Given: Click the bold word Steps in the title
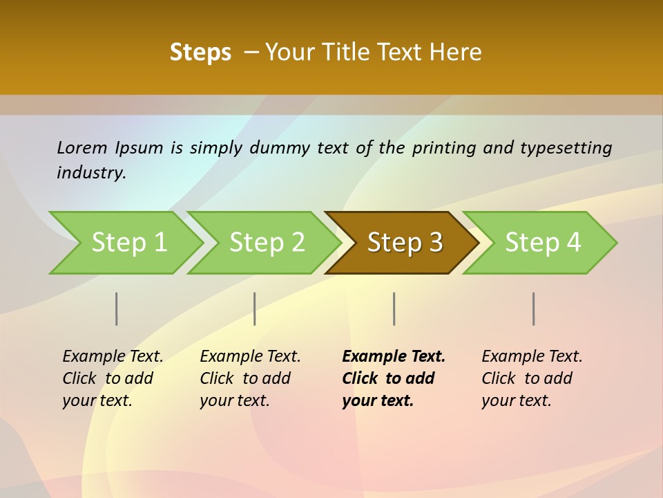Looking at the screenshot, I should pyautogui.click(x=200, y=53).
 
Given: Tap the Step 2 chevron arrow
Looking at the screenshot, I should pyautogui.click(x=267, y=243).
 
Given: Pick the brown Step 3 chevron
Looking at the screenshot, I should pyautogui.click(x=405, y=243).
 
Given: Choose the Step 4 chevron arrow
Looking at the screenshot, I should pyautogui.click(x=543, y=243).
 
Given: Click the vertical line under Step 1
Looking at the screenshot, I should pyautogui.click(x=117, y=308).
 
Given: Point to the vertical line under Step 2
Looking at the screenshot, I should pyautogui.click(x=255, y=308).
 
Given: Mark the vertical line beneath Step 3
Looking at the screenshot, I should pyautogui.click(x=394, y=308).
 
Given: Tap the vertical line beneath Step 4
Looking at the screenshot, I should pyautogui.click(x=533, y=308).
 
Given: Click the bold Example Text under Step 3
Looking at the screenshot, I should pyautogui.click(x=393, y=378).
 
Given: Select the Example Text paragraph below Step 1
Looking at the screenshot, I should pyautogui.click(x=113, y=378).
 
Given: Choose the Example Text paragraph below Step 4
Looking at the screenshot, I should pyautogui.click(x=531, y=378).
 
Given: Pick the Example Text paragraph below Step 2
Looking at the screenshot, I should pyautogui.click(x=250, y=378).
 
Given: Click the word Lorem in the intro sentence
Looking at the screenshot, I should pyautogui.click(x=82, y=147).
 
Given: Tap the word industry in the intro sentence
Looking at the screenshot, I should pyautogui.click(x=90, y=172).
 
